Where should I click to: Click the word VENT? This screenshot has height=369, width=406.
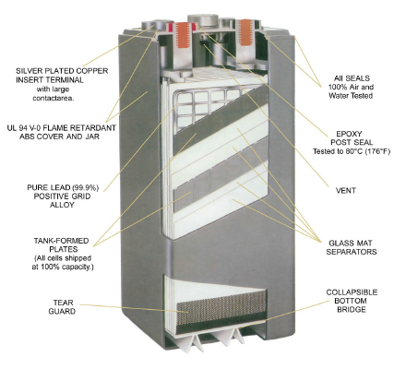[x=346, y=191]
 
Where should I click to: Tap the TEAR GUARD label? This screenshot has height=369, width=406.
[x=62, y=307]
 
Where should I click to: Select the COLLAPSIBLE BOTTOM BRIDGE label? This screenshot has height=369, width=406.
[x=352, y=301]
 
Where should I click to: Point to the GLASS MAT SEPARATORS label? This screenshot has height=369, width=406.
[x=352, y=247]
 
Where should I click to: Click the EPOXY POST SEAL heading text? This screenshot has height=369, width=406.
[x=352, y=138]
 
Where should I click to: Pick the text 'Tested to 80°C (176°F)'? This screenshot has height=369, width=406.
[x=352, y=151]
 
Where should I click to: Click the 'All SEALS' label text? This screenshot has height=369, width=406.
[x=352, y=78]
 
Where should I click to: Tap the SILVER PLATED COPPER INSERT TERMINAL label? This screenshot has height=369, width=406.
[x=62, y=76]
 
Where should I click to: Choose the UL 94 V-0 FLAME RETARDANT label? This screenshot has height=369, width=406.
[x=62, y=127]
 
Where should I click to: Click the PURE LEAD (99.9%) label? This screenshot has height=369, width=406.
[x=63, y=187]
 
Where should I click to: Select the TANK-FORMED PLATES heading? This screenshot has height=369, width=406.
[x=62, y=244]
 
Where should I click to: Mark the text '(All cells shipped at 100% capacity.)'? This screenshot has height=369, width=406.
[x=62, y=262]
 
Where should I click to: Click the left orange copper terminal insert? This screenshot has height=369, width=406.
[x=184, y=34]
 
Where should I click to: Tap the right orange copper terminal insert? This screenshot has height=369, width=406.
[x=245, y=32]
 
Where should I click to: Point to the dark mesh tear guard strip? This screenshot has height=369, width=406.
[x=221, y=307]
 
